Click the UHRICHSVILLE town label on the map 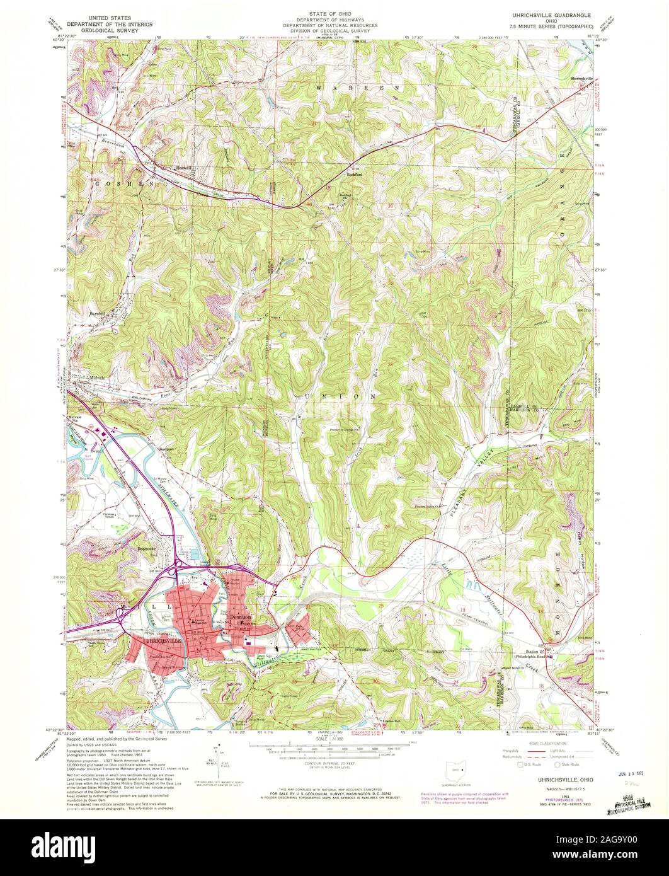coord(163,640)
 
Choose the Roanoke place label coord(147,548)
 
